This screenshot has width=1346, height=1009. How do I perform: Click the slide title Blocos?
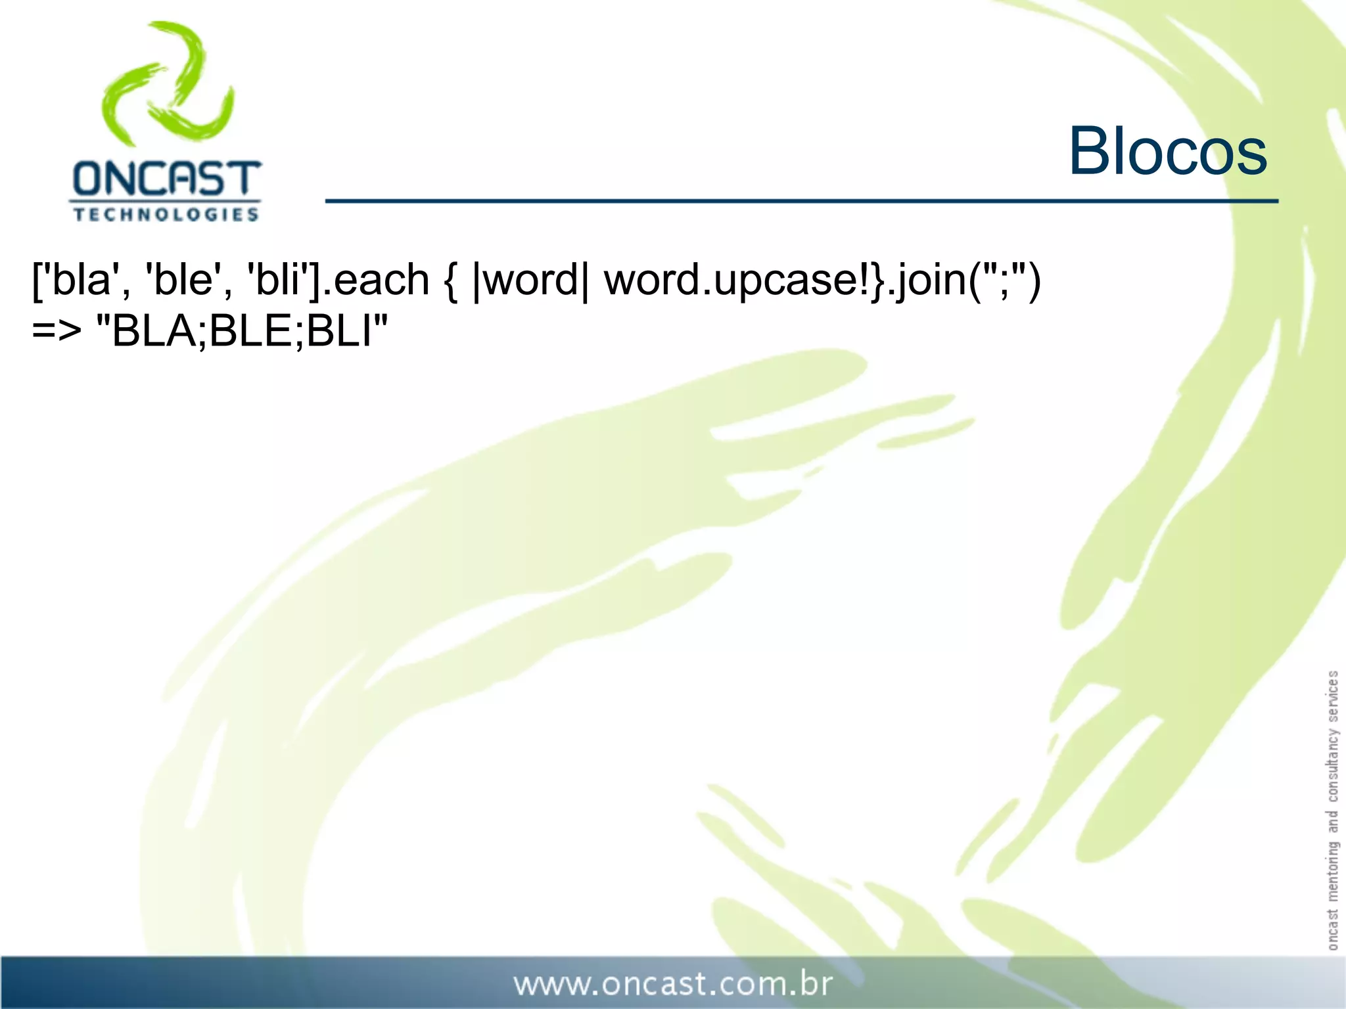(x=1167, y=152)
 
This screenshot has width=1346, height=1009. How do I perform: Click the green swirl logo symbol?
(x=168, y=83)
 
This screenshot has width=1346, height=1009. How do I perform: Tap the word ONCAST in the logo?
(x=166, y=179)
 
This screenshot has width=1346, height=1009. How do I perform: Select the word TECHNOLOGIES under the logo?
(x=166, y=215)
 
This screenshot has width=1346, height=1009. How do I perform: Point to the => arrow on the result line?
(x=57, y=332)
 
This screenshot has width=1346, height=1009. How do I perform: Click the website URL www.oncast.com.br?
(x=673, y=984)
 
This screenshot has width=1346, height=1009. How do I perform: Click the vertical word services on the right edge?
(x=1332, y=696)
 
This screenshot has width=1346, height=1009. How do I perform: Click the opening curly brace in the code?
(x=451, y=280)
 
